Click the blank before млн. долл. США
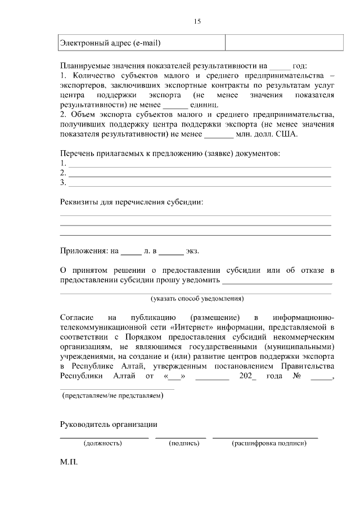(218, 134)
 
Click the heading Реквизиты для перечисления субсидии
(132, 201)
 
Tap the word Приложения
(82, 251)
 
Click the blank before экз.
(172, 251)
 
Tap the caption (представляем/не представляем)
(112, 396)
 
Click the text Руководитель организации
(109, 425)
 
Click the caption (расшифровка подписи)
(269, 443)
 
